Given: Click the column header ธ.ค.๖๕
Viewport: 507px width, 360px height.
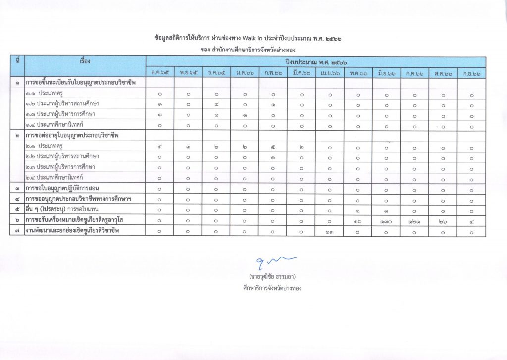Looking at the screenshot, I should (x=216, y=73).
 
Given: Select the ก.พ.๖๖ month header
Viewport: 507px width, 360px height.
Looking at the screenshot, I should (x=273, y=73).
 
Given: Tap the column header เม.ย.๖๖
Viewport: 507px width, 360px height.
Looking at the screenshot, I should (x=330, y=73).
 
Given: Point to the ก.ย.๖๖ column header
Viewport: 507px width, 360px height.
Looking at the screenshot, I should (x=471, y=73).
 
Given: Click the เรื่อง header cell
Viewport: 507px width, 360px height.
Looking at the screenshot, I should (x=85, y=63).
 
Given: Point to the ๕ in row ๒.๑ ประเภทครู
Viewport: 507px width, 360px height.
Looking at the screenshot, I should (x=273, y=147).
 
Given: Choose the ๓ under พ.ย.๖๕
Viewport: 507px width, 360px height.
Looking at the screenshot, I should (x=188, y=147).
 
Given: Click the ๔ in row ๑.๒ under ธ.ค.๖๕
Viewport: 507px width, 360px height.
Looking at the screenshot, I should (x=216, y=104).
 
